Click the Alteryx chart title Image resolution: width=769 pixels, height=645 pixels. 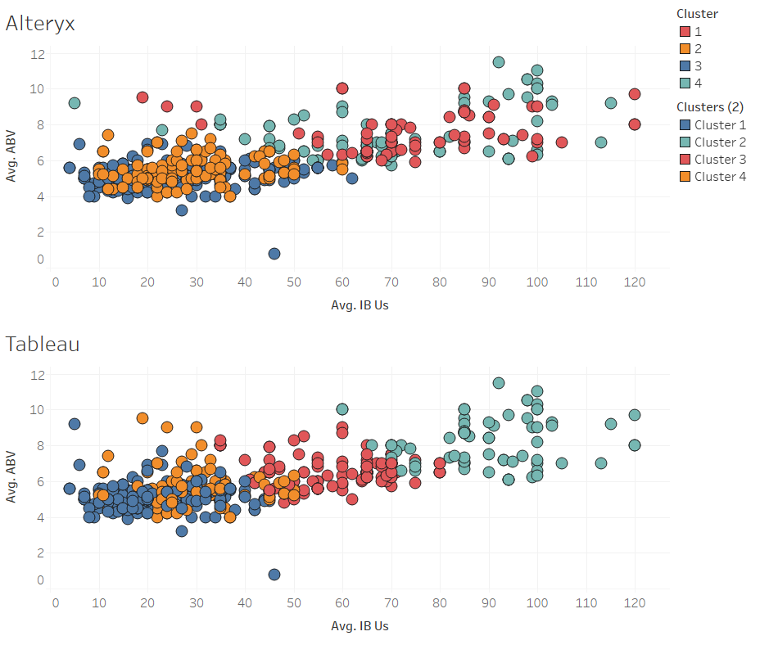[40, 23]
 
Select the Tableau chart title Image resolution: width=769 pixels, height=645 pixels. [43, 344]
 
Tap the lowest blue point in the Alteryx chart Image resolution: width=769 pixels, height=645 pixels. [274, 254]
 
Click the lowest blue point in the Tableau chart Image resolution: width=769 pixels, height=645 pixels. [274, 575]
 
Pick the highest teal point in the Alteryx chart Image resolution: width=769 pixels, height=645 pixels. [499, 62]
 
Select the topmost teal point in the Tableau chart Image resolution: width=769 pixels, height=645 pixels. [499, 383]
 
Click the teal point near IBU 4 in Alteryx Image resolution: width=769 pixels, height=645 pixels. [75, 103]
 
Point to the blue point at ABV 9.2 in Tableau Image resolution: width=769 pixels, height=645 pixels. [75, 424]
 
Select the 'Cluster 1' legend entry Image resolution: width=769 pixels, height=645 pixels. [720, 125]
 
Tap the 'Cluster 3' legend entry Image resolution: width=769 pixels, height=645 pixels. [720, 160]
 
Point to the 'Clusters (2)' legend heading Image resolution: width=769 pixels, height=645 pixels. [709, 106]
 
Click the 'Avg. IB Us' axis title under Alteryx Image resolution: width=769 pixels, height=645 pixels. [359, 305]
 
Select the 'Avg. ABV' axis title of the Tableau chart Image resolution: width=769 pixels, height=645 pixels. [12, 478]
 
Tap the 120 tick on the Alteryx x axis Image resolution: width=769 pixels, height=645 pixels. [635, 282]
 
